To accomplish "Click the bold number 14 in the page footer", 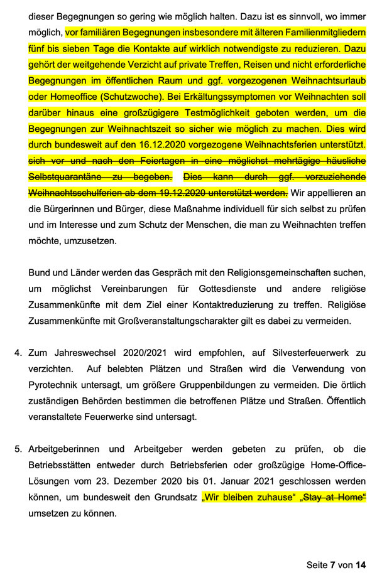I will pyautogui.click(x=360, y=565).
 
